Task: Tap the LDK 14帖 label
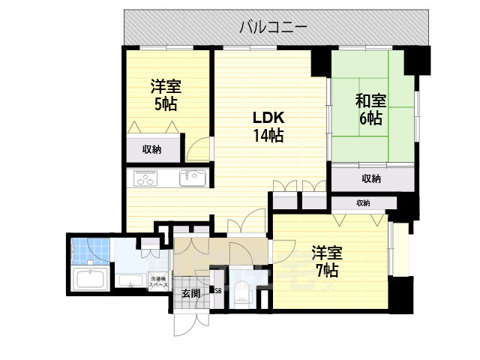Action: tap(267, 127)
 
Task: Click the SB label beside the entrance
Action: tap(218, 290)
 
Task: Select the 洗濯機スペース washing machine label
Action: tap(157, 281)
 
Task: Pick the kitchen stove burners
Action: tap(145, 178)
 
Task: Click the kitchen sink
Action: tap(192, 178)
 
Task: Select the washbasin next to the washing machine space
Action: tap(131, 282)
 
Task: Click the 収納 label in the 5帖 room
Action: tap(152, 149)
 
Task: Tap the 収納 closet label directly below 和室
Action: tap(370, 178)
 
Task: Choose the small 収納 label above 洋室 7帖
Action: tap(363, 203)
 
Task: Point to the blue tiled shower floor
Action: tap(89, 251)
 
